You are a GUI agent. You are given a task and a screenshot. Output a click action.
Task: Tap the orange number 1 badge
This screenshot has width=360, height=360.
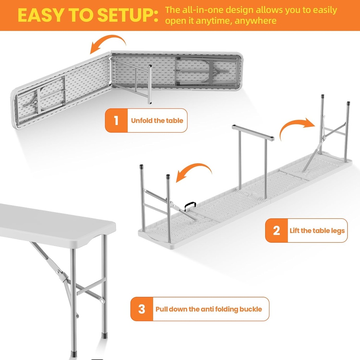click(x=116, y=121)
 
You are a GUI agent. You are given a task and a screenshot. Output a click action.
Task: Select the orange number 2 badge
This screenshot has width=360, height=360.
click(x=276, y=231)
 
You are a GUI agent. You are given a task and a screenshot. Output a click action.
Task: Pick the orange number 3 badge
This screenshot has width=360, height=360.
click(x=142, y=309)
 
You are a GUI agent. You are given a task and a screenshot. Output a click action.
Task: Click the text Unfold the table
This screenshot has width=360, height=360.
click(x=157, y=121)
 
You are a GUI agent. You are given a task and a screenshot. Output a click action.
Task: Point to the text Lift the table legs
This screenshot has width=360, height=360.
click(x=317, y=231)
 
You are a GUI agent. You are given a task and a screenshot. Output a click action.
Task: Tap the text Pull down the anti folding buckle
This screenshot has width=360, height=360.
click(x=209, y=309)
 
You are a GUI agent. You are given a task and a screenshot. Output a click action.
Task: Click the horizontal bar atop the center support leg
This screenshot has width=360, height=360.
click(x=252, y=133)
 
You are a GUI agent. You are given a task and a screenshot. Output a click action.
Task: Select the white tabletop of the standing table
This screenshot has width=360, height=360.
click(x=53, y=221)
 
